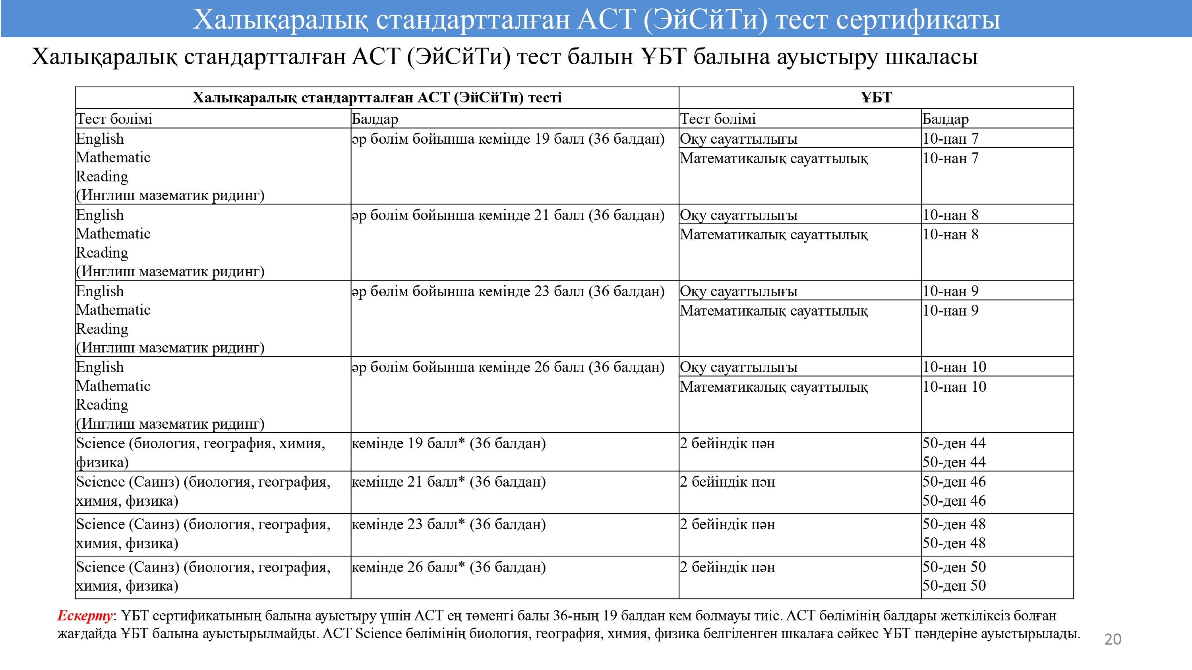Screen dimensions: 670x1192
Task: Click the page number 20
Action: [1113, 639]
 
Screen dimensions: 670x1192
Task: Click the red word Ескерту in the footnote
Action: [85, 616]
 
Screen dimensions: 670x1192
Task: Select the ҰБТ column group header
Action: [876, 98]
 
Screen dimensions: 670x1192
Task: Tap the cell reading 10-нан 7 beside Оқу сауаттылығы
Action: [950, 139]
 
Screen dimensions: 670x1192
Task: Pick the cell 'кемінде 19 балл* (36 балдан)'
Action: [448, 443]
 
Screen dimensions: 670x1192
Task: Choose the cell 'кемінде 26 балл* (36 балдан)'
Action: [448, 567]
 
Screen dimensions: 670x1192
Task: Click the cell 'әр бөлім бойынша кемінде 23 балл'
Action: [508, 291]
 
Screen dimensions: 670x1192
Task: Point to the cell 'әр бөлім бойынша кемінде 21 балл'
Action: [508, 215]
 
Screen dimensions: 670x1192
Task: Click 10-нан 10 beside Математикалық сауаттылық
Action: [954, 387]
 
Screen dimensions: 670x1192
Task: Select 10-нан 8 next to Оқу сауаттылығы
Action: [950, 215]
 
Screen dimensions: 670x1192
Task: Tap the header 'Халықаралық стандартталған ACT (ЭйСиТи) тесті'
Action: [377, 98]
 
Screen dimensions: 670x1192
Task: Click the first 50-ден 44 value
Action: [954, 443]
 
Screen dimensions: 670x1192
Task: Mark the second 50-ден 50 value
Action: [954, 586]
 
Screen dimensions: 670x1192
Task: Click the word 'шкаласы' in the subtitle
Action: [931, 57]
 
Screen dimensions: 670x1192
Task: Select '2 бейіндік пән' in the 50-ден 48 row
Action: [727, 524]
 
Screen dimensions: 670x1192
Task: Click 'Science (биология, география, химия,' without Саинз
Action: [200, 443]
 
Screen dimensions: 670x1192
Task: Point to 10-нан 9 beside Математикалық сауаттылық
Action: [950, 311]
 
